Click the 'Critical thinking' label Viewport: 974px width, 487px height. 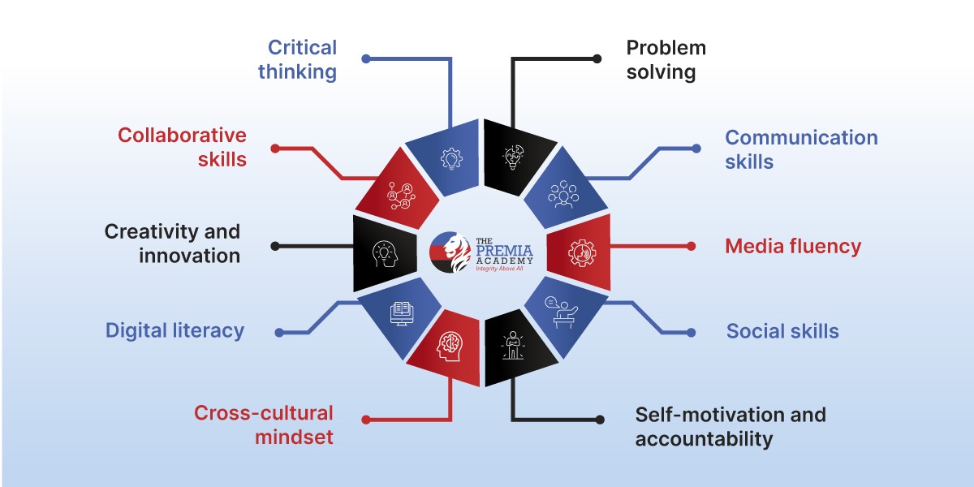(x=297, y=59)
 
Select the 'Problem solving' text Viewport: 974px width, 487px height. (x=666, y=59)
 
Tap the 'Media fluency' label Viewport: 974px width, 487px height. (x=793, y=246)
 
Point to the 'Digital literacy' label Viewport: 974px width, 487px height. (x=175, y=331)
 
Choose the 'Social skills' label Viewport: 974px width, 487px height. (x=782, y=331)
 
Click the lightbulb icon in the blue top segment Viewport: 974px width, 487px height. (x=451, y=159)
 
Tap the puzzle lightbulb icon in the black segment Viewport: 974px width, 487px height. (x=514, y=157)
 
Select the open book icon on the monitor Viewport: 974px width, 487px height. (x=401, y=313)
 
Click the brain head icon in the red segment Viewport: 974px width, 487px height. (x=449, y=346)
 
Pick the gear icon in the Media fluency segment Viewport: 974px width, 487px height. (x=582, y=252)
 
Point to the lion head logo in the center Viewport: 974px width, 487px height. (x=450, y=252)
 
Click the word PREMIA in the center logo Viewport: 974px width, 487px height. (x=504, y=251)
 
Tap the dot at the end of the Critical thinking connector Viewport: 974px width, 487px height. (x=366, y=58)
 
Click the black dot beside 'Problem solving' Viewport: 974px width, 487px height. (x=597, y=58)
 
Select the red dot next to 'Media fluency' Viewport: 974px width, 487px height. (x=691, y=247)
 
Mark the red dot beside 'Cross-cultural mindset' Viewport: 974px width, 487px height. (x=366, y=420)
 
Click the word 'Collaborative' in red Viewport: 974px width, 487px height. (x=182, y=136)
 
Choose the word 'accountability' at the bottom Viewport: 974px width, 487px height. (x=704, y=439)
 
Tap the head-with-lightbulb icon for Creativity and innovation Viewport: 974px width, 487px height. (x=385, y=254)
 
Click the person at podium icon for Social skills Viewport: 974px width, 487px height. (x=562, y=312)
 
